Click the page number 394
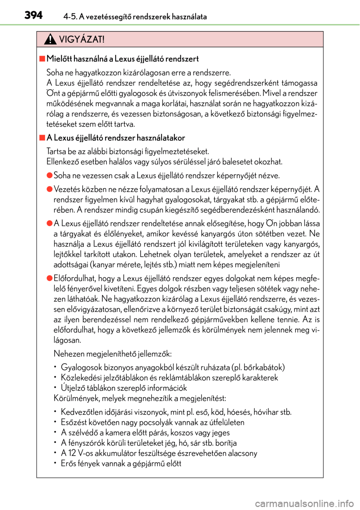click(33, 15)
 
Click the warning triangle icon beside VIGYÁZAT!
click(50, 39)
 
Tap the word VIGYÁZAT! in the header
click(82, 39)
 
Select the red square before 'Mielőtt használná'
click(42, 58)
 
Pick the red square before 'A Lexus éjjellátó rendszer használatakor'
click(42, 138)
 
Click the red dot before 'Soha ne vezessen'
click(49, 175)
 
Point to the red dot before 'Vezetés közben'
click(49, 189)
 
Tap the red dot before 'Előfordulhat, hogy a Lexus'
click(49, 278)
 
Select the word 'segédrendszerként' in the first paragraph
click(247, 83)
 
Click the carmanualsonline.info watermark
click(304, 503)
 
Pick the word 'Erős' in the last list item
click(68, 463)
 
